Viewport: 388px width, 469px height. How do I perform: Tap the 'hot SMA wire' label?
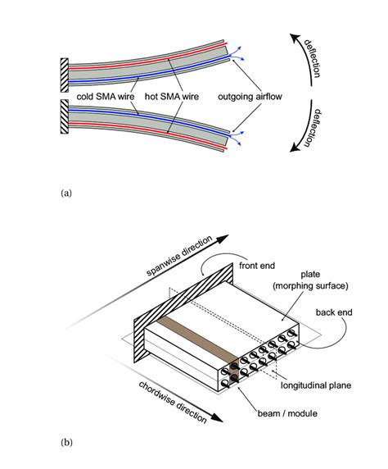pyautogui.click(x=174, y=98)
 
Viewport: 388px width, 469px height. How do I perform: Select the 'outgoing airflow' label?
pyautogui.click(x=250, y=98)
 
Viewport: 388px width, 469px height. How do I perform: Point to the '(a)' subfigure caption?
pyautogui.click(x=67, y=194)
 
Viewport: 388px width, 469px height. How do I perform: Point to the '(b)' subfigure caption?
pyautogui.click(x=67, y=443)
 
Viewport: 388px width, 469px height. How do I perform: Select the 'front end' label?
pyautogui.click(x=260, y=266)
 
